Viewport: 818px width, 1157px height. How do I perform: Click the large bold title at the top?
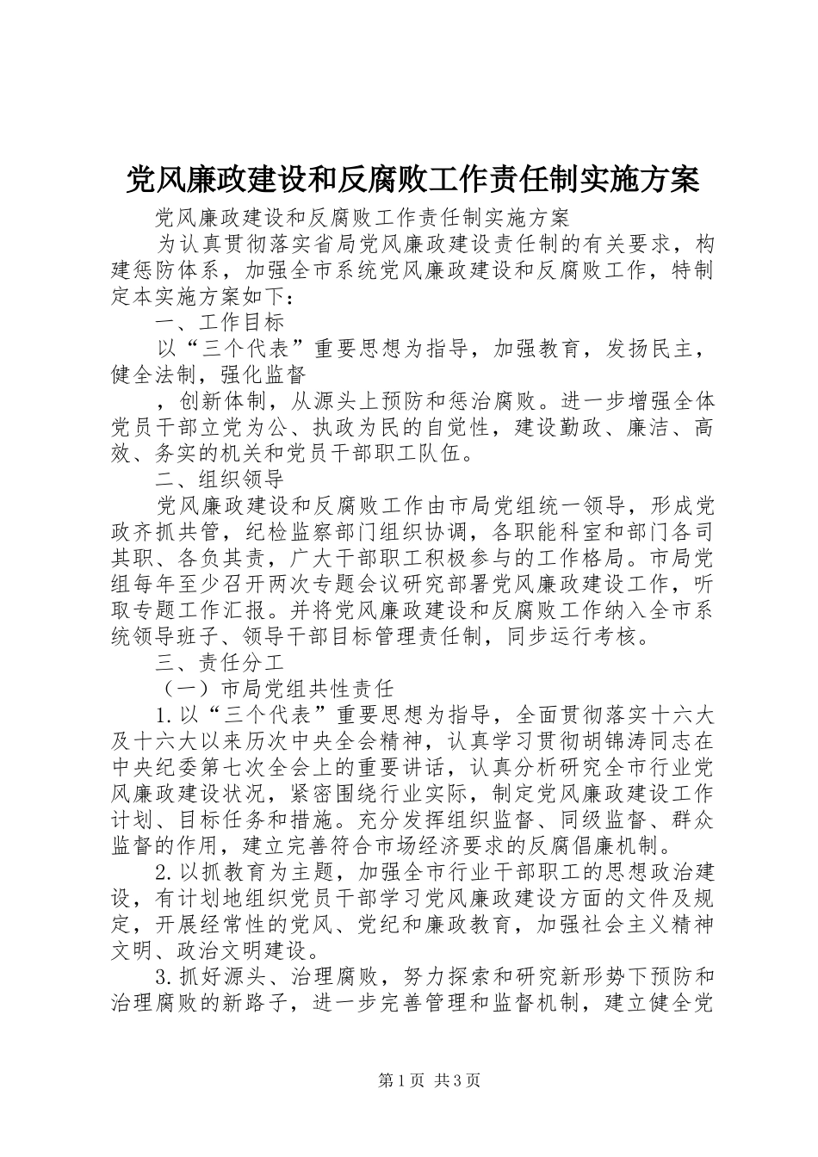click(x=412, y=179)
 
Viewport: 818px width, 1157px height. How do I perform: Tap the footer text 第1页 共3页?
click(x=428, y=1080)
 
